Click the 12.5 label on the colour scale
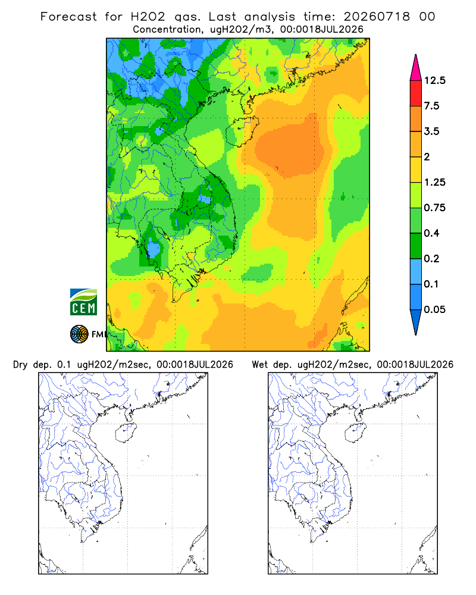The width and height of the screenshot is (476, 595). [434, 80]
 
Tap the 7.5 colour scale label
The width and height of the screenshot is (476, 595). [431, 106]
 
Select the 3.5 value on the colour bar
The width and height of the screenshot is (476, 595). [431, 131]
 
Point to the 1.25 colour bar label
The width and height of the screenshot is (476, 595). [434, 182]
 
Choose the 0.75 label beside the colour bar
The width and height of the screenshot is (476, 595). [434, 208]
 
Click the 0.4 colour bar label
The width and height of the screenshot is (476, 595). [431, 233]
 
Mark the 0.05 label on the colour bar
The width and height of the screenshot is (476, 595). [434, 309]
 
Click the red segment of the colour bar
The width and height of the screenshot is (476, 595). [416, 93]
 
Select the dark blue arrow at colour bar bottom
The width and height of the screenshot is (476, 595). [416, 320]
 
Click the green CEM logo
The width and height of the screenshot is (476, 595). [83, 302]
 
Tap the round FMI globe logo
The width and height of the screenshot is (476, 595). [79, 334]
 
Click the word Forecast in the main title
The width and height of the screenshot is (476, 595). [68, 17]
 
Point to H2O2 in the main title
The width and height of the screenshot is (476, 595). [148, 17]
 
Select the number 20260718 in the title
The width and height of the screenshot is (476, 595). [377, 17]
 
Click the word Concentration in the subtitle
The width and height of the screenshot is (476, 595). [167, 30]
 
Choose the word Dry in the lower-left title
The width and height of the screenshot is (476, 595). [20, 365]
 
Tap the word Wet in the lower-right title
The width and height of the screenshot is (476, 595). [260, 365]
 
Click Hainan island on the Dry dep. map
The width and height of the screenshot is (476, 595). [126, 433]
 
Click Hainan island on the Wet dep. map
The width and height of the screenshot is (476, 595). [355, 433]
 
